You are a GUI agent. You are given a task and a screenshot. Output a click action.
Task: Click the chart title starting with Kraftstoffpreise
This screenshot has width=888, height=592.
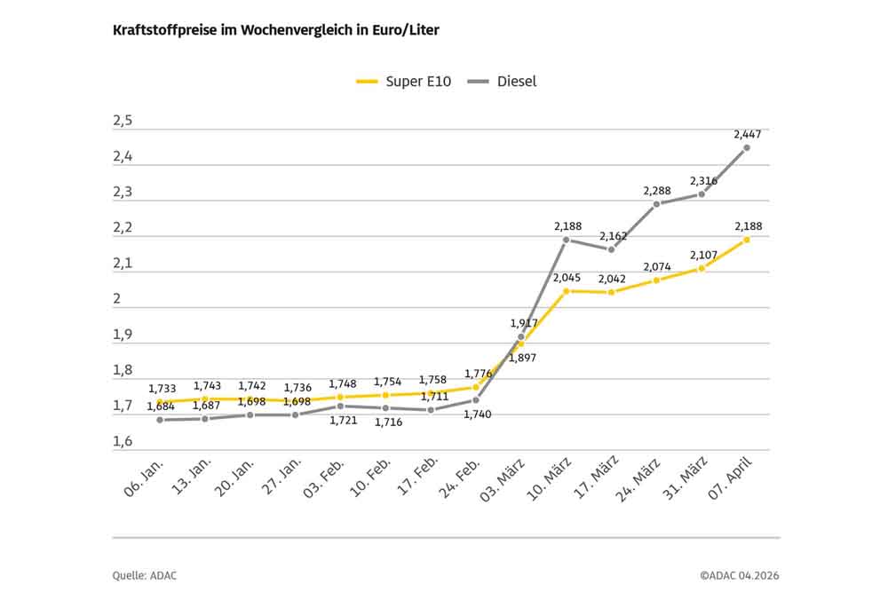pyautogui.click(x=275, y=30)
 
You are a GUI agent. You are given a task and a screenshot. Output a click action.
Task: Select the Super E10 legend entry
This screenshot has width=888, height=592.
pyautogui.click(x=404, y=82)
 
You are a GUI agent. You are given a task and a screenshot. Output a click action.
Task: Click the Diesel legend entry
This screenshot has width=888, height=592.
pyautogui.click(x=503, y=82)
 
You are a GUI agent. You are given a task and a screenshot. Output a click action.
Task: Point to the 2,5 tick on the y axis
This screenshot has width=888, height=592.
pyautogui.click(x=123, y=122)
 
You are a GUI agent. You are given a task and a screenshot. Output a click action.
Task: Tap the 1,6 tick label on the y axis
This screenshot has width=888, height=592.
pyautogui.click(x=123, y=442)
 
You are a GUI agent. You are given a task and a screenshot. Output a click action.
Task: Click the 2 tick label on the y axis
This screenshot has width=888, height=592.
pyautogui.click(x=116, y=299)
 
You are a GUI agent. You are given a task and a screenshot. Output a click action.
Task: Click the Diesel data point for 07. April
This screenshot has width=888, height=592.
pyautogui.click(x=747, y=147)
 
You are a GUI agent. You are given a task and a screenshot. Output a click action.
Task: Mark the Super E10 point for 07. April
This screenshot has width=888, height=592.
pyautogui.click(x=747, y=240)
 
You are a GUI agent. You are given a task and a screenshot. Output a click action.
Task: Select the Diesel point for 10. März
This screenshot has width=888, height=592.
pyautogui.click(x=566, y=240)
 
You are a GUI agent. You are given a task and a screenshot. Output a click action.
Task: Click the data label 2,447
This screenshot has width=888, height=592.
pyautogui.click(x=747, y=134)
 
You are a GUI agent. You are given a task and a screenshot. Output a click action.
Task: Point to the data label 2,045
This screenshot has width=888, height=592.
pyautogui.click(x=567, y=278)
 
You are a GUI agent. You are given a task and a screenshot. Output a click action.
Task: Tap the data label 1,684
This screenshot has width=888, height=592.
pyautogui.click(x=161, y=407)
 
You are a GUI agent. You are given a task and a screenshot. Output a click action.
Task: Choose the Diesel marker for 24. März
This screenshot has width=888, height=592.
pyautogui.click(x=656, y=204)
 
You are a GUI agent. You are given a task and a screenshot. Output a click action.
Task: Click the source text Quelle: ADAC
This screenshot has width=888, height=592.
pyautogui.click(x=145, y=575)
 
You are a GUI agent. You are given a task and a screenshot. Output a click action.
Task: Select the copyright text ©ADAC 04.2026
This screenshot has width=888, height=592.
pyautogui.click(x=739, y=575)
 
